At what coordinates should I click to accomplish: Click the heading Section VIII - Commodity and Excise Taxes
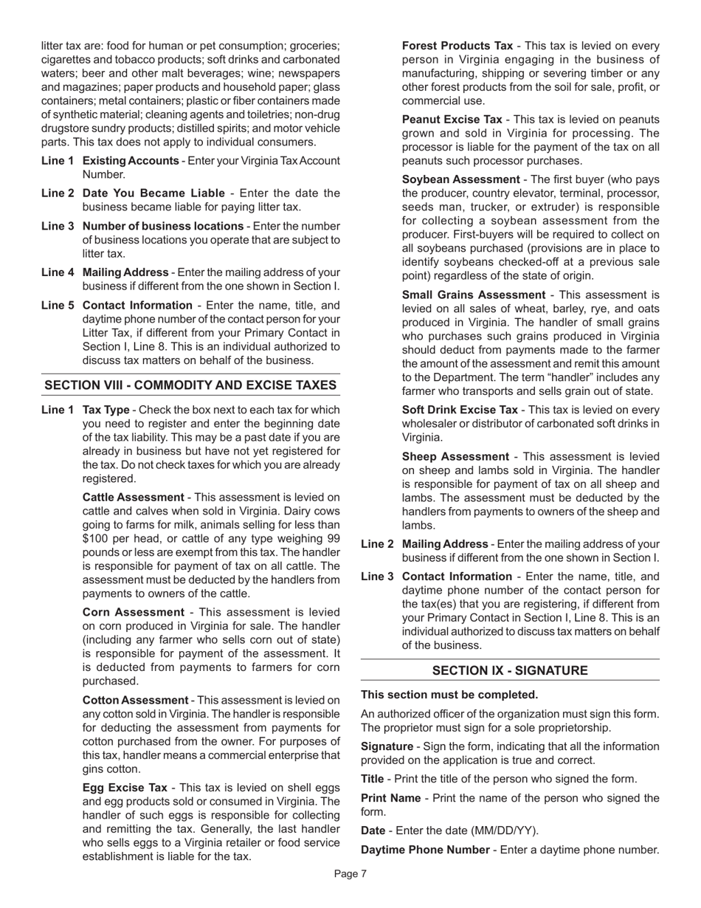pos(190,385)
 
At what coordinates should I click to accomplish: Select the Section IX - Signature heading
pos(510,670)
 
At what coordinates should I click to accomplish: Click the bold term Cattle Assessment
pos(133,498)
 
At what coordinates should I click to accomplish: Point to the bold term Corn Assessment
pos(133,612)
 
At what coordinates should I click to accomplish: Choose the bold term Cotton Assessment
pos(135,700)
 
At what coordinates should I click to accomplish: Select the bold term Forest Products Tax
pos(457,46)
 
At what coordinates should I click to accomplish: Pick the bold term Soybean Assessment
pos(460,179)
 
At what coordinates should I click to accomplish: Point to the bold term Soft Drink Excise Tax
pos(460,410)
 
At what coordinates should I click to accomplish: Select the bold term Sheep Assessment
pos(455,456)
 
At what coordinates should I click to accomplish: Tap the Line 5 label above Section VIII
pos(58,305)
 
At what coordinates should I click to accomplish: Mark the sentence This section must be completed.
pos(449,695)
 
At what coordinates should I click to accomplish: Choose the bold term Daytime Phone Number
pos(424,850)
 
